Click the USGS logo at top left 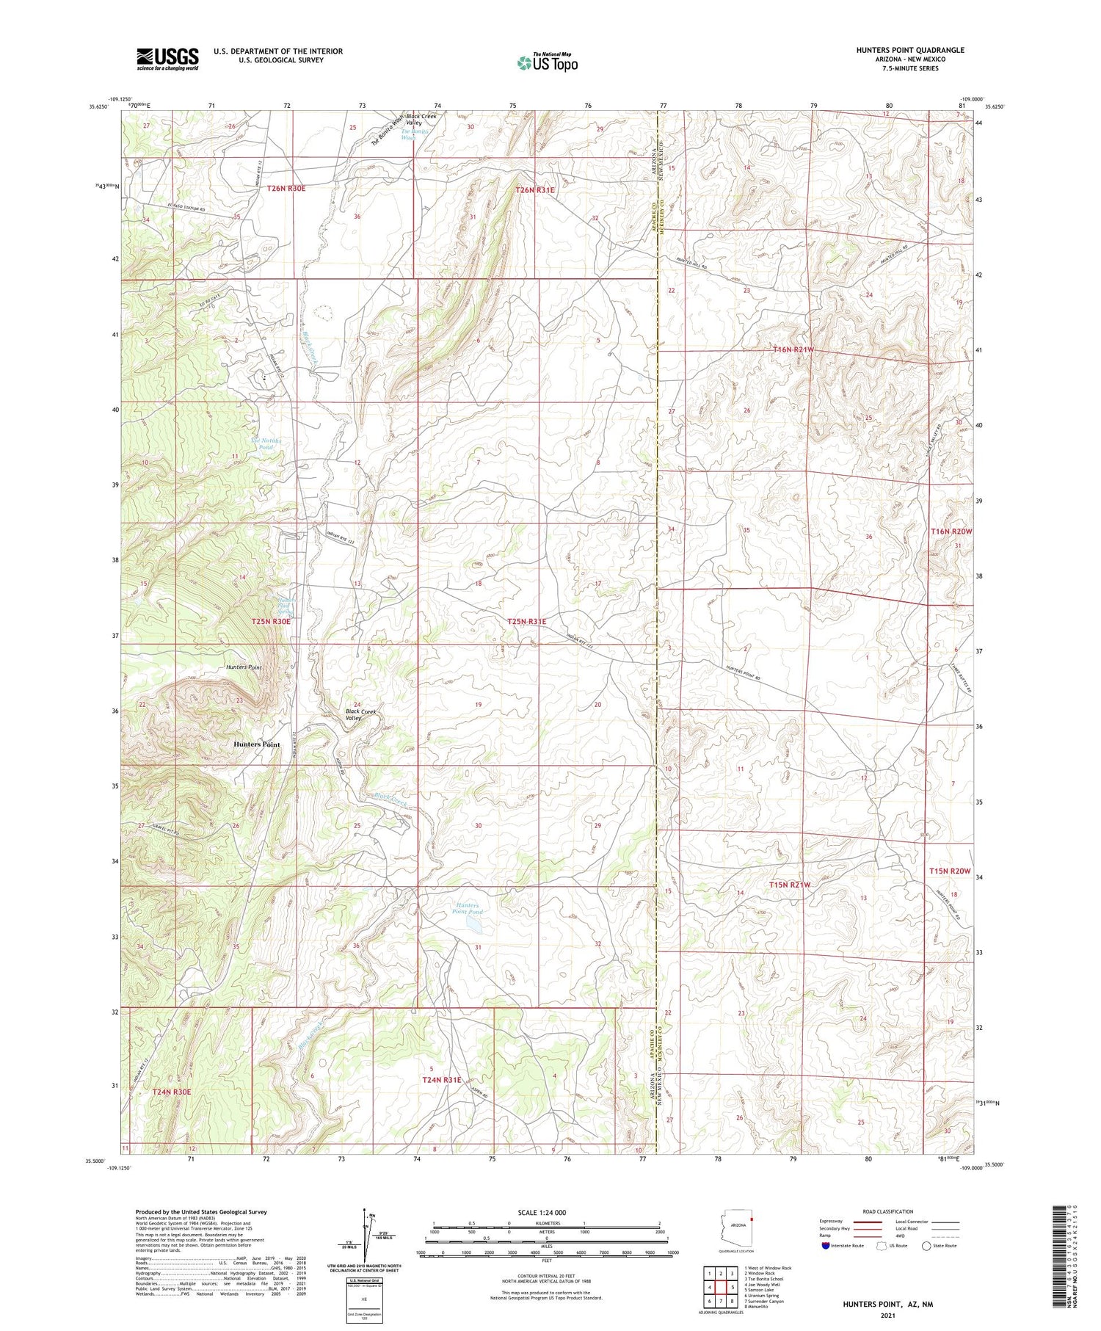click(x=167, y=59)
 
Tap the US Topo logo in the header click(x=547, y=62)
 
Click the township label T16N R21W click(x=793, y=350)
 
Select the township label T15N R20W click(x=950, y=871)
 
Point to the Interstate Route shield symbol click(x=827, y=1245)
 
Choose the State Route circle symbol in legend click(x=927, y=1245)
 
